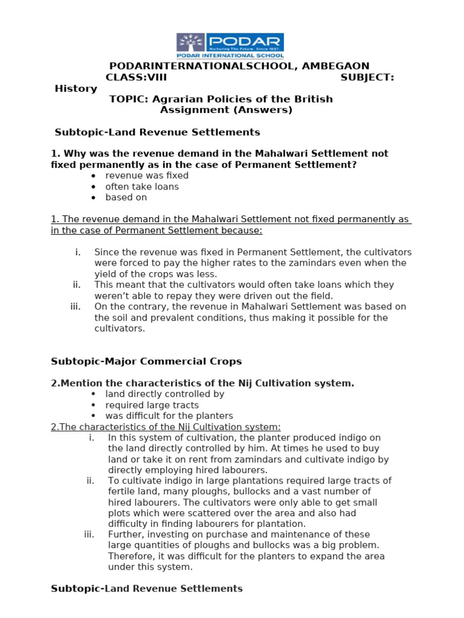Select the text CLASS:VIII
click(x=136, y=77)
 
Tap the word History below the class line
click(x=76, y=88)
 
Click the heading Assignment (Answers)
click(x=226, y=110)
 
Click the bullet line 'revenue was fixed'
click(x=147, y=176)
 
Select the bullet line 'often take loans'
click(x=142, y=186)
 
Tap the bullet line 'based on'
click(x=126, y=197)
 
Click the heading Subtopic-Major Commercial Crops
click(x=146, y=362)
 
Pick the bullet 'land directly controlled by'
click(x=164, y=394)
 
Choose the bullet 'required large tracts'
click(x=152, y=405)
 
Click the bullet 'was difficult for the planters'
click(x=169, y=416)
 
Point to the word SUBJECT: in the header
click(x=367, y=77)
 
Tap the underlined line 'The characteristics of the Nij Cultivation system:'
click(x=166, y=427)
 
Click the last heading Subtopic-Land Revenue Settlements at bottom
click(x=147, y=588)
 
